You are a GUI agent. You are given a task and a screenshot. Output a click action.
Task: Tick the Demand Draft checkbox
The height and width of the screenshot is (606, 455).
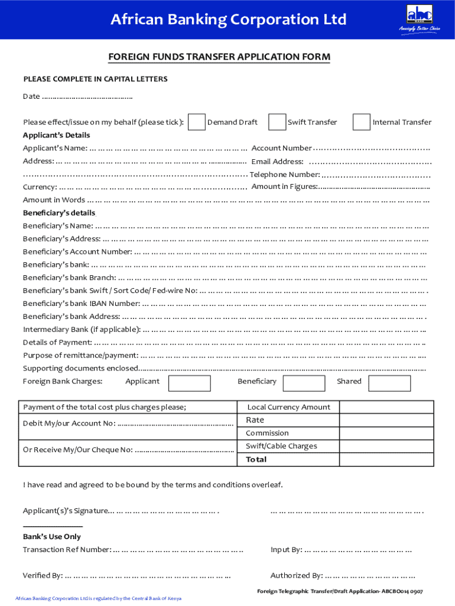[x=197, y=122]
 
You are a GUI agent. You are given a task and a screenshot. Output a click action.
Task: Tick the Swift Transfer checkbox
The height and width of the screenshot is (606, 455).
[x=277, y=122]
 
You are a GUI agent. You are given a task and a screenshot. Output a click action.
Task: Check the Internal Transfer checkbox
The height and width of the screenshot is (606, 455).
[x=361, y=122]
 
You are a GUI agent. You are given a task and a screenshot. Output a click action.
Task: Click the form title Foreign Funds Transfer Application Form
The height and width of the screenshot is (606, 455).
[x=219, y=57]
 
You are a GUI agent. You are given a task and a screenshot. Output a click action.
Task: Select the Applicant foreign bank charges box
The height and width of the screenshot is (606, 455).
[x=189, y=383]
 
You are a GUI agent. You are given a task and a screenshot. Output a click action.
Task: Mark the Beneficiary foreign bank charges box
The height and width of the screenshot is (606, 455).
[x=304, y=383]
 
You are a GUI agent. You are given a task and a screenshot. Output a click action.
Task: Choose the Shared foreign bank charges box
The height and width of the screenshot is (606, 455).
[x=389, y=383]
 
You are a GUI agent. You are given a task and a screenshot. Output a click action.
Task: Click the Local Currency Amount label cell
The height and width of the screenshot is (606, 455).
[x=288, y=407]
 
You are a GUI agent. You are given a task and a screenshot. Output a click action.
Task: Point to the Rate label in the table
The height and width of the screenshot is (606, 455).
[x=255, y=420]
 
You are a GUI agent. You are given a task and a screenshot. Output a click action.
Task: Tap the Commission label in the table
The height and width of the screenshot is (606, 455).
[x=267, y=433]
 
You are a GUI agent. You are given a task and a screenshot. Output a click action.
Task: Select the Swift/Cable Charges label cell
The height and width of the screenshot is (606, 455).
[x=281, y=446]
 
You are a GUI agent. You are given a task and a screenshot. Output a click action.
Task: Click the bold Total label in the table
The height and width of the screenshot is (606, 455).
[x=256, y=459]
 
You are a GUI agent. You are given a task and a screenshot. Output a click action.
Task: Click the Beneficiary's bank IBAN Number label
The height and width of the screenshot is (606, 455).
[x=82, y=304]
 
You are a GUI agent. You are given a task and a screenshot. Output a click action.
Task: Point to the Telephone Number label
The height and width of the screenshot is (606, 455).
[x=285, y=175]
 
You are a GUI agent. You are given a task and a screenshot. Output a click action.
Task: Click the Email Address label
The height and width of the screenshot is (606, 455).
[x=277, y=162]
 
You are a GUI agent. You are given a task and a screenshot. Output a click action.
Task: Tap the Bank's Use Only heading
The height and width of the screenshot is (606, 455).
[x=52, y=537]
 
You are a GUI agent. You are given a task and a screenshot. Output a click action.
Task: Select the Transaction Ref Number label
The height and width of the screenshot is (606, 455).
[x=67, y=550]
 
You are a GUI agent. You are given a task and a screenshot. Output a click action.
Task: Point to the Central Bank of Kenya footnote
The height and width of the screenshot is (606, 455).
[x=98, y=598]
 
